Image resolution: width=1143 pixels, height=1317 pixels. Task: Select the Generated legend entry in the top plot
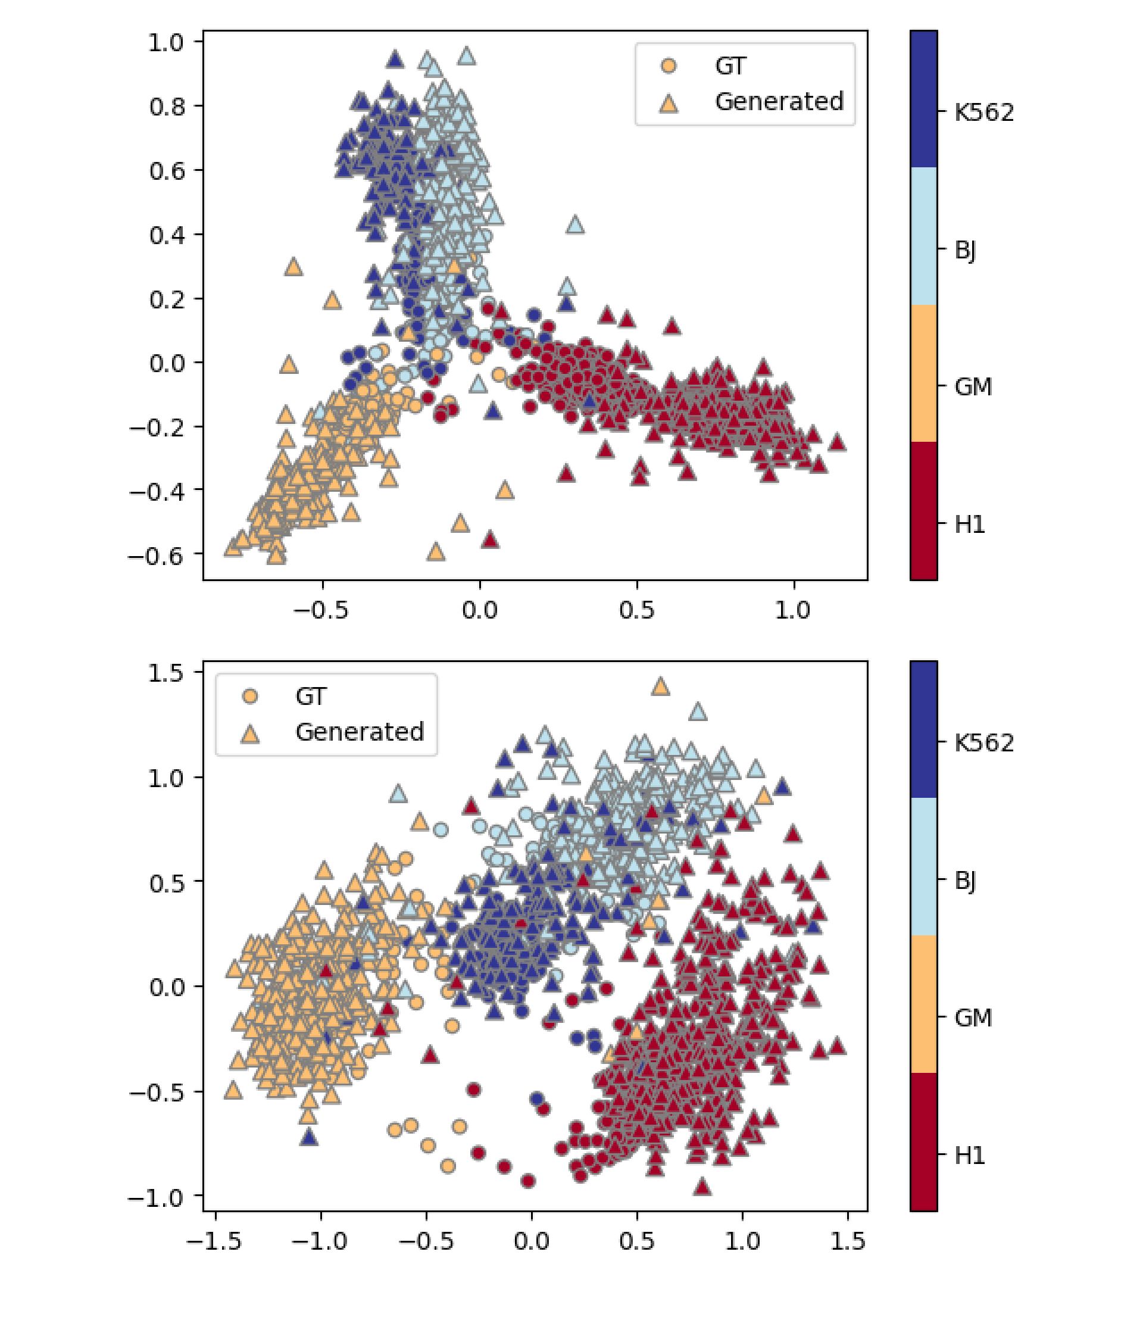778,101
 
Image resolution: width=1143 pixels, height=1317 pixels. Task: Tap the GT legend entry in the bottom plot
311,696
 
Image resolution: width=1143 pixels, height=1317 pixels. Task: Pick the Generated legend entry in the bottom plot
359,732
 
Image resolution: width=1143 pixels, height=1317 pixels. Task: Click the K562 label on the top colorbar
983,113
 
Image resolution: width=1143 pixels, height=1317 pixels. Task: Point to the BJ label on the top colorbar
965,250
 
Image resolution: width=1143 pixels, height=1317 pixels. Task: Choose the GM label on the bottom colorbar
973,1018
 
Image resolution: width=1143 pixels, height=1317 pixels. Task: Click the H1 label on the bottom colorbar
970,1155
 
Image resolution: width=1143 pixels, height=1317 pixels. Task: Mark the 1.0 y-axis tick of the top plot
166,43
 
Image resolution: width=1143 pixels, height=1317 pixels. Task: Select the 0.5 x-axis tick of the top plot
636,610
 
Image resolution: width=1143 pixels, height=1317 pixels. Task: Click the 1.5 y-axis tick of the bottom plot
166,673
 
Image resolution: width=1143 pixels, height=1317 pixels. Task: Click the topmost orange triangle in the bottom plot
660,687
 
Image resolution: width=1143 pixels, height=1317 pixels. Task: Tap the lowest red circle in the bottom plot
527,1181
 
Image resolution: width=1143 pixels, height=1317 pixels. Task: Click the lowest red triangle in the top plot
490,539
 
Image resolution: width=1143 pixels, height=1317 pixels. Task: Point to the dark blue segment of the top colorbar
923,99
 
